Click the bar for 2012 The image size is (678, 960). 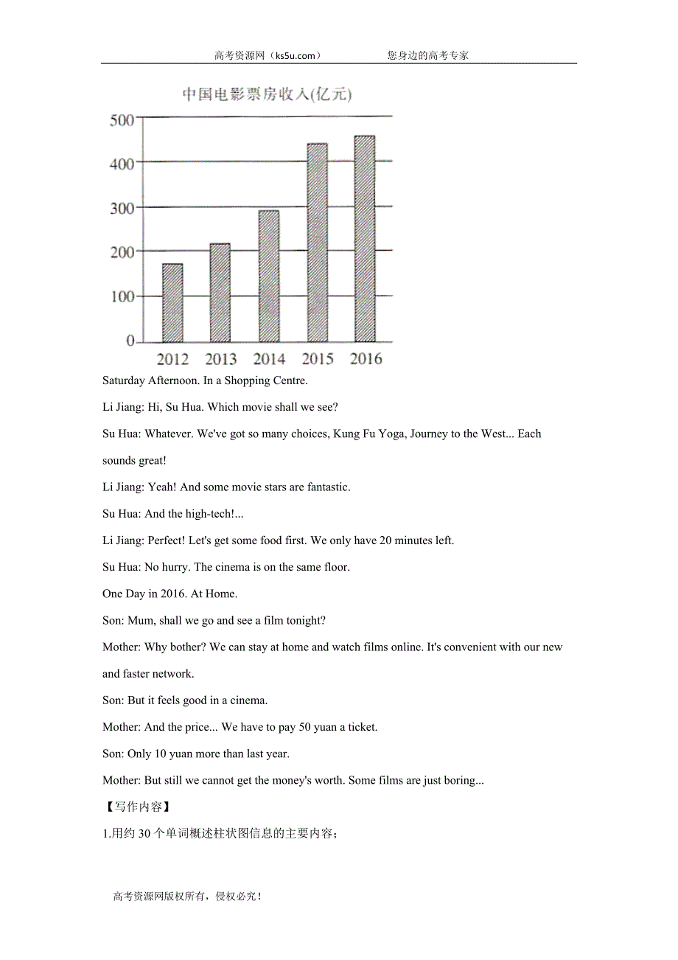click(172, 303)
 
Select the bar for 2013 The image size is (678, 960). click(220, 293)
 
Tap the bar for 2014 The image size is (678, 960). click(269, 276)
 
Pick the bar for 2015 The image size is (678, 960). click(317, 243)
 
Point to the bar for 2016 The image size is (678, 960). click(365, 239)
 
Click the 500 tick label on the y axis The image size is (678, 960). click(122, 120)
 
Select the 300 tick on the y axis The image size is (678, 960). click(122, 209)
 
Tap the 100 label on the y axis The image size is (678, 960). click(122, 297)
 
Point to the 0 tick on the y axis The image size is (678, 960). click(130, 341)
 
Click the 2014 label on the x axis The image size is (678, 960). click(269, 360)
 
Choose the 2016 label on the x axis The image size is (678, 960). click(366, 359)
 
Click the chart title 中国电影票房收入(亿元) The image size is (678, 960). click(267, 95)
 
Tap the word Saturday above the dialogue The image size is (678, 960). click(124, 380)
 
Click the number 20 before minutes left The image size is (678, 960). click(385, 540)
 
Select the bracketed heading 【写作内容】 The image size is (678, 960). click(135, 807)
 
